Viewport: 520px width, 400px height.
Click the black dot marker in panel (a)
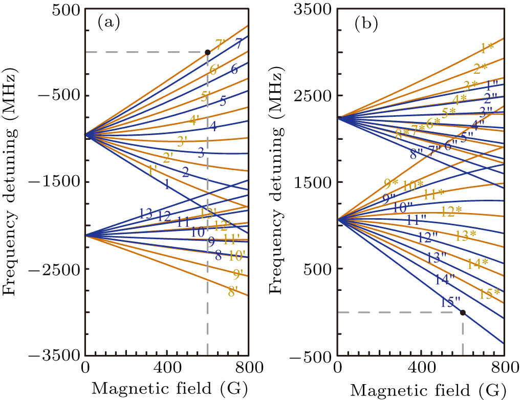pyautogui.click(x=207, y=52)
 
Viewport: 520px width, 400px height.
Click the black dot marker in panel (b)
pyautogui.click(x=463, y=312)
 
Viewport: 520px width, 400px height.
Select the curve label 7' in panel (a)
pyautogui.click(x=221, y=45)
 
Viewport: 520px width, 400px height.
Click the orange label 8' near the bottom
pyautogui.click(x=233, y=292)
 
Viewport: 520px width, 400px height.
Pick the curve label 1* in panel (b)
pyautogui.click(x=487, y=49)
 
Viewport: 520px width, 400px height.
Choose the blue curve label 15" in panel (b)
pyautogui.click(x=450, y=303)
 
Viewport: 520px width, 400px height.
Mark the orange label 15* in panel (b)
pyautogui.click(x=490, y=294)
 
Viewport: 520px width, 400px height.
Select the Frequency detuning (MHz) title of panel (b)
pyautogui.click(x=276, y=182)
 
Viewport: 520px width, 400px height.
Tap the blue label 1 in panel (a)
pyautogui.click(x=166, y=185)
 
